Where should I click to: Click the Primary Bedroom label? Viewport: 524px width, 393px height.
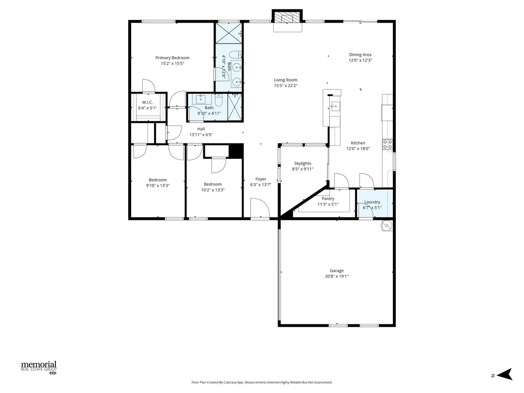point(173,58)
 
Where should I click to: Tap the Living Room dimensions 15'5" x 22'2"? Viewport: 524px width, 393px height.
point(286,86)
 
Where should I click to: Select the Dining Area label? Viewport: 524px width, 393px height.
point(360,55)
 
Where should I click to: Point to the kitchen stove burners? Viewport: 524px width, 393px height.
point(388,145)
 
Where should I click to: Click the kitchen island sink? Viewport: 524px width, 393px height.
point(335,106)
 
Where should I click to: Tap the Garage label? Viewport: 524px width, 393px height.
point(337,271)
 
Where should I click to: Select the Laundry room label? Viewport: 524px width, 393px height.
point(372,202)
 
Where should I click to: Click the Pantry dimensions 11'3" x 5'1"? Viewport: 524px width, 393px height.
point(328,204)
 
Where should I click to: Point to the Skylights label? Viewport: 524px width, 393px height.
point(303,164)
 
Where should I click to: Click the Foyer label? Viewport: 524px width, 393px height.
point(261,179)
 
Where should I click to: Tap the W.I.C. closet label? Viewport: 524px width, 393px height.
point(148,102)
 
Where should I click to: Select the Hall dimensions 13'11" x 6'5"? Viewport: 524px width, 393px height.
point(201,135)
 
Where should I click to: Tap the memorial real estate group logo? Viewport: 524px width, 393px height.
point(39,367)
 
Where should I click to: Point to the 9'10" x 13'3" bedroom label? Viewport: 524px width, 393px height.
point(158,180)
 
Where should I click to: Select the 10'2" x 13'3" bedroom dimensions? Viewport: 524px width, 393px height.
point(213,190)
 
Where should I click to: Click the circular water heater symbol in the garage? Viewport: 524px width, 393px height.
point(387,226)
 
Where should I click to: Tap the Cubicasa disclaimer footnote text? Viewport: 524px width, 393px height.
point(262,382)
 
